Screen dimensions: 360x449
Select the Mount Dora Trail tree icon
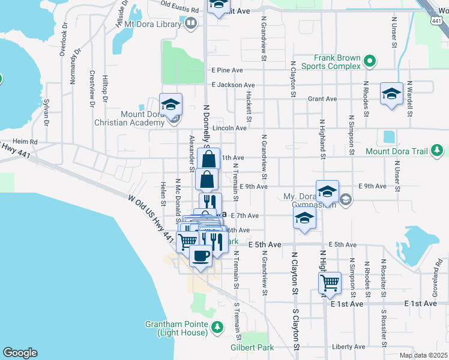(438, 150)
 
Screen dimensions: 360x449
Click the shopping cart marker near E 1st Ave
(330, 282)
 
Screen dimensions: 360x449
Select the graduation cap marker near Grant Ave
(391, 94)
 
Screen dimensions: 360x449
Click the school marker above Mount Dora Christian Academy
(170, 104)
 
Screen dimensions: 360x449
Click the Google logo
(20, 353)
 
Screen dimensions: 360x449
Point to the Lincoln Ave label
(229, 128)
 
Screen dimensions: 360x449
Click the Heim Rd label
(26, 142)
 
